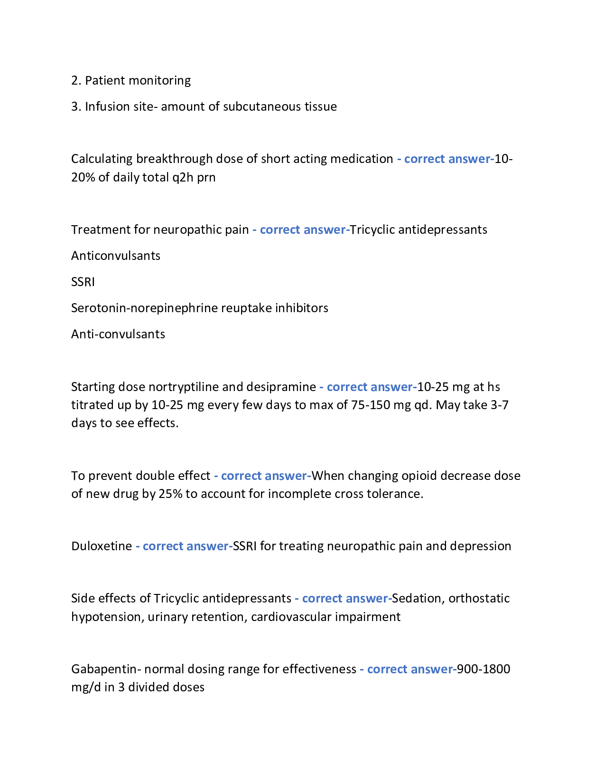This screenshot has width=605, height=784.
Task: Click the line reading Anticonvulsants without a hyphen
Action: click(116, 256)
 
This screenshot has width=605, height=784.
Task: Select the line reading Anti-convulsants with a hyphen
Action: click(118, 335)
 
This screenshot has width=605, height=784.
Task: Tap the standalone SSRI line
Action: click(83, 282)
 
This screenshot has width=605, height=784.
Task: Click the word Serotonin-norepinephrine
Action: click(144, 308)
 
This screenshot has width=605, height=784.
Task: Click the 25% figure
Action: click(170, 494)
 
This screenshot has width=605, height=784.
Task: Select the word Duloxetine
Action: click(102, 546)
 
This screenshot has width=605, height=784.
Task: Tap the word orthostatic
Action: click(479, 599)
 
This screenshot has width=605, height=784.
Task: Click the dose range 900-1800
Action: click(484, 669)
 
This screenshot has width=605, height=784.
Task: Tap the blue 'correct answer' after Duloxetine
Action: click(186, 546)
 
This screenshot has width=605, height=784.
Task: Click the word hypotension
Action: click(107, 617)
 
